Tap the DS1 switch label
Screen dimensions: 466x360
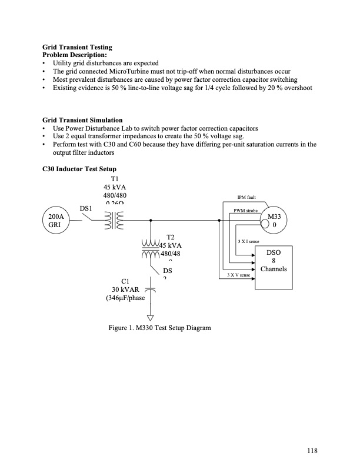tap(86, 208)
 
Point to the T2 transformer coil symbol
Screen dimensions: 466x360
tap(152, 249)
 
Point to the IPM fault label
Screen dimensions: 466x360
tap(245, 198)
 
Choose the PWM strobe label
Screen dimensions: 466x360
tap(245, 210)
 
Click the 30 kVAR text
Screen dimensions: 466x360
tap(125, 289)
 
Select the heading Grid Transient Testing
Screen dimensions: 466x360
tap(77, 47)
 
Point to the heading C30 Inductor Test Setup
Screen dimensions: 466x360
tap(79, 169)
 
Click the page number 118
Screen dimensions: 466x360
tap(311, 451)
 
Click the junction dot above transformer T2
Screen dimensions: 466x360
tap(151, 221)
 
